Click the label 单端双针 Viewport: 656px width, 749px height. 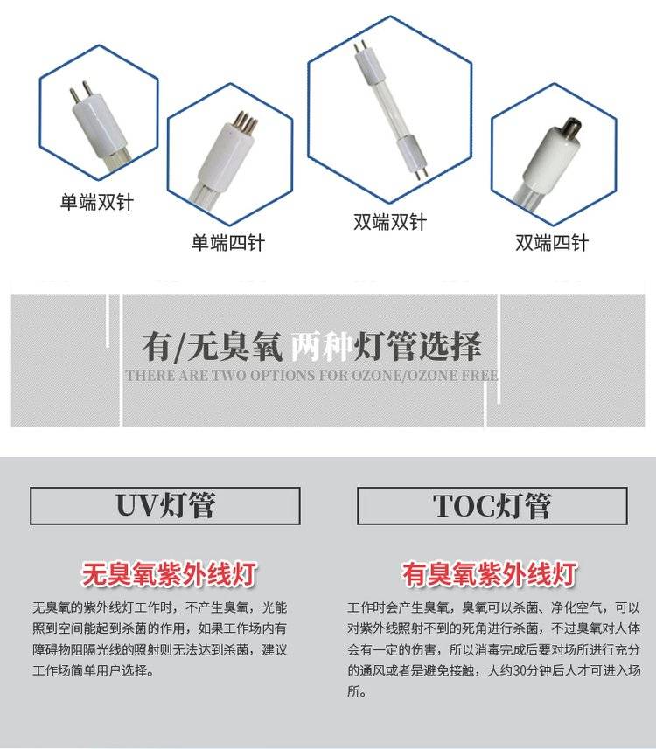(x=96, y=202)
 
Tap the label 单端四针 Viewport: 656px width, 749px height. (x=227, y=243)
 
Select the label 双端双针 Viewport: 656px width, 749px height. (x=390, y=222)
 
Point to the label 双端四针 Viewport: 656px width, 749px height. (x=551, y=243)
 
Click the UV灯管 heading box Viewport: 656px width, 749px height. (x=165, y=506)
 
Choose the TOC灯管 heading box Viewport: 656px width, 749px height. (x=492, y=506)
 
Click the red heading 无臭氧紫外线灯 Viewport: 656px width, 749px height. (x=169, y=574)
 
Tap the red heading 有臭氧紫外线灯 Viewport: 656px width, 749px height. (x=489, y=574)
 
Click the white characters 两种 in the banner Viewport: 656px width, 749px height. (x=321, y=346)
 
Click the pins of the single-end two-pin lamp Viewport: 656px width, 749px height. (x=80, y=93)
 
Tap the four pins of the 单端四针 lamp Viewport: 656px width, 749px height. (x=248, y=121)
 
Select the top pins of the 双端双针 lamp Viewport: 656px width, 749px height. (x=357, y=48)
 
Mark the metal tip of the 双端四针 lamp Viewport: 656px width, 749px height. (x=571, y=127)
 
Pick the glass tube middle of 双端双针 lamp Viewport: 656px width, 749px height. (x=387, y=104)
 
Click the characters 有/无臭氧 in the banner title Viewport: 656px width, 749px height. (x=213, y=346)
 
